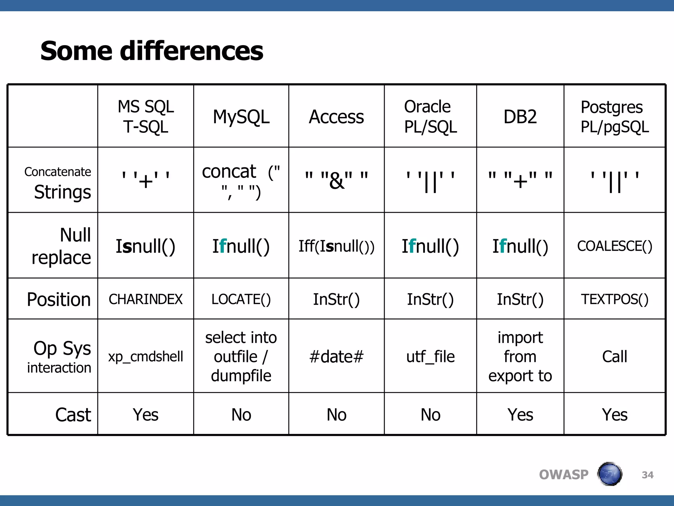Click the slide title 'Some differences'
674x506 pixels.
(152, 51)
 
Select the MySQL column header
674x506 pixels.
(241, 117)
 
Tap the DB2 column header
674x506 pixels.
(520, 117)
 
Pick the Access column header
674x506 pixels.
(336, 117)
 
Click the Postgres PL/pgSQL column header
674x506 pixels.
(614, 117)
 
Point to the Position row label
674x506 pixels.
(59, 299)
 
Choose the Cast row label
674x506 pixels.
(73, 415)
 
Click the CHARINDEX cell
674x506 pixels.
(145, 299)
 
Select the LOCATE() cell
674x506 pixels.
(241, 299)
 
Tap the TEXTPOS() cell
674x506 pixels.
(614, 299)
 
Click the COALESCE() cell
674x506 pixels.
(614, 246)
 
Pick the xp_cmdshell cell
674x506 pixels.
(145, 356)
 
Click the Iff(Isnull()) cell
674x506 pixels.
(336, 246)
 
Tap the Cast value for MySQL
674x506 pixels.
(241, 415)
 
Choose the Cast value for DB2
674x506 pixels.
(520, 415)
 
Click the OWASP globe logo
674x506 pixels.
(609, 474)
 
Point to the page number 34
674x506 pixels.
(647, 475)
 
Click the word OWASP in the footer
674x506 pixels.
(563, 475)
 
